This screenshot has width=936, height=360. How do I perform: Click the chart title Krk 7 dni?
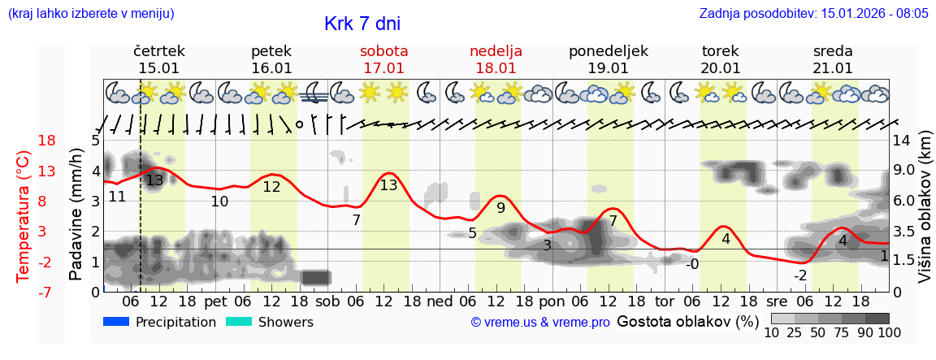pyautogui.click(x=362, y=24)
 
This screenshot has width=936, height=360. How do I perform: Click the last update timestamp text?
pyautogui.click(x=813, y=13)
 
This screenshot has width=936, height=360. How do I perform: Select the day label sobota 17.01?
pyautogui.click(x=383, y=59)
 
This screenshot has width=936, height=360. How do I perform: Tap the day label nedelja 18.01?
pyautogui.click(x=496, y=59)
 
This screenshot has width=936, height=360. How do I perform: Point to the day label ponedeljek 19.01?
pyautogui.click(x=608, y=59)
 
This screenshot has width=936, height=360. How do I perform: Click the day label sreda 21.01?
pyautogui.click(x=833, y=59)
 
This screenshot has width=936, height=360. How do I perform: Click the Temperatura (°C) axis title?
pyautogui.click(x=24, y=216)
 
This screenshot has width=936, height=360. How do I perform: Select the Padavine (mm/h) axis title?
pyautogui.click(x=77, y=215)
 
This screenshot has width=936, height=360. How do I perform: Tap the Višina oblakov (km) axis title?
pyautogui.click(x=925, y=215)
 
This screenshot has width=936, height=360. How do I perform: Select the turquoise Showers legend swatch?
pyautogui.click(x=239, y=322)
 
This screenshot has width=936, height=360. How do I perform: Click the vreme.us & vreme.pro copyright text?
pyautogui.click(x=540, y=322)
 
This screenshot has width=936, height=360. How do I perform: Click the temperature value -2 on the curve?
pyautogui.click(x=800, y=275)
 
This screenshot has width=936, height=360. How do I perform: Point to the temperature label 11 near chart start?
pyautogui.click(x=117, y=197)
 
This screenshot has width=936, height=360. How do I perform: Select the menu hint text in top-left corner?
pyautogui.click(x=90, y=13)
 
